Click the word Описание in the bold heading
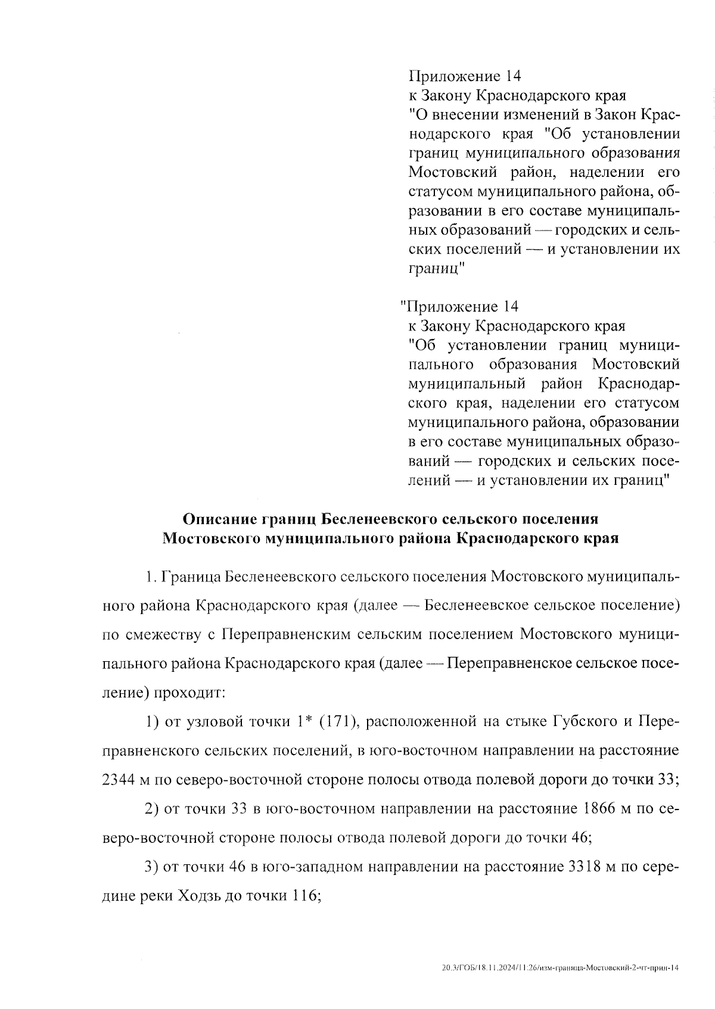(219, 519)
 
